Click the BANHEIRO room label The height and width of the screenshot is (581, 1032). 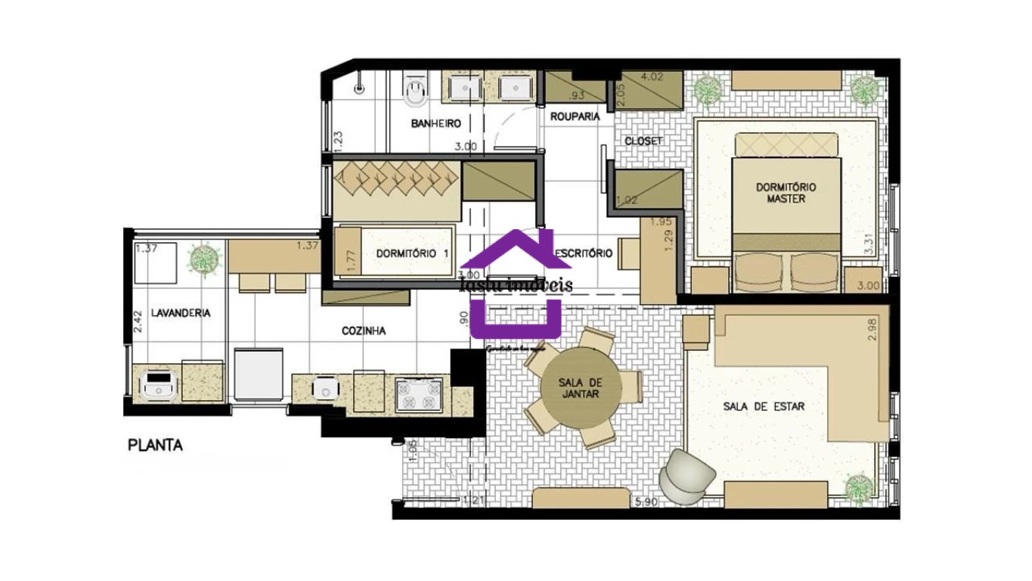436,123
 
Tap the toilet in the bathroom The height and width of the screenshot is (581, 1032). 414,91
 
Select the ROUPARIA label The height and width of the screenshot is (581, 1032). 575,117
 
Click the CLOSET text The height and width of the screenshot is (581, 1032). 643,141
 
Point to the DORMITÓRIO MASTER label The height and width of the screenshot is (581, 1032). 786,192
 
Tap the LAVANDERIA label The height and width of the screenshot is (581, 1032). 180,312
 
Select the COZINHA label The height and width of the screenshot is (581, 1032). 364,331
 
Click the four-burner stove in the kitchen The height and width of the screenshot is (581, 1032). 419,394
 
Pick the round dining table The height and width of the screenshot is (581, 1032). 581,388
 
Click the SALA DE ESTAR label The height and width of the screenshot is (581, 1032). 764,406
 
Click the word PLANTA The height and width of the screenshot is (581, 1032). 155,446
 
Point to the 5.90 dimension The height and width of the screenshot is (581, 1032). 645,502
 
